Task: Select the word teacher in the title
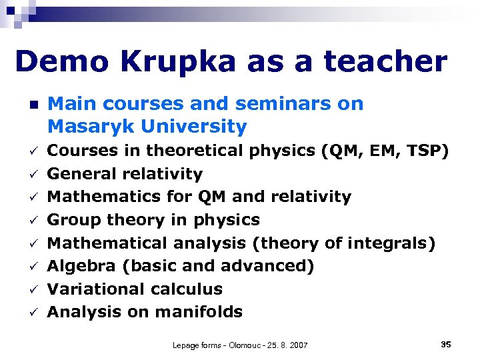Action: coord(385,62)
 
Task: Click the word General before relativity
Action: coord(81,174)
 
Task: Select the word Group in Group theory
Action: coord(73,220)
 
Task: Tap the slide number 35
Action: coord(446,344)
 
